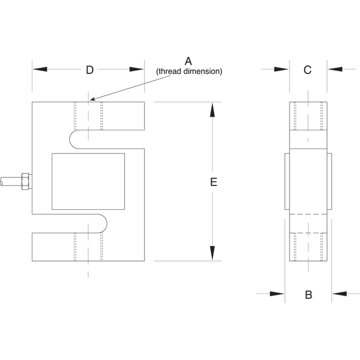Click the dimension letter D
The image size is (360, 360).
point(89,70)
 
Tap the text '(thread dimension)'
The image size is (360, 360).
point(189,72)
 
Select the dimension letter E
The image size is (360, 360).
point(214,182)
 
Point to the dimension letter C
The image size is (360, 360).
point(308,70)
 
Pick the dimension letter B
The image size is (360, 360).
point(308,295)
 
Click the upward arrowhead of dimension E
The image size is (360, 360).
point(212,110)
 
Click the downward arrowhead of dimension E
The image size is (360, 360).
point(212,254)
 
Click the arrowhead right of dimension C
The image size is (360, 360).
point(335,69)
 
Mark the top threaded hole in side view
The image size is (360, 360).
point(308,116)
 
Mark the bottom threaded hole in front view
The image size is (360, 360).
point(88,247)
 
